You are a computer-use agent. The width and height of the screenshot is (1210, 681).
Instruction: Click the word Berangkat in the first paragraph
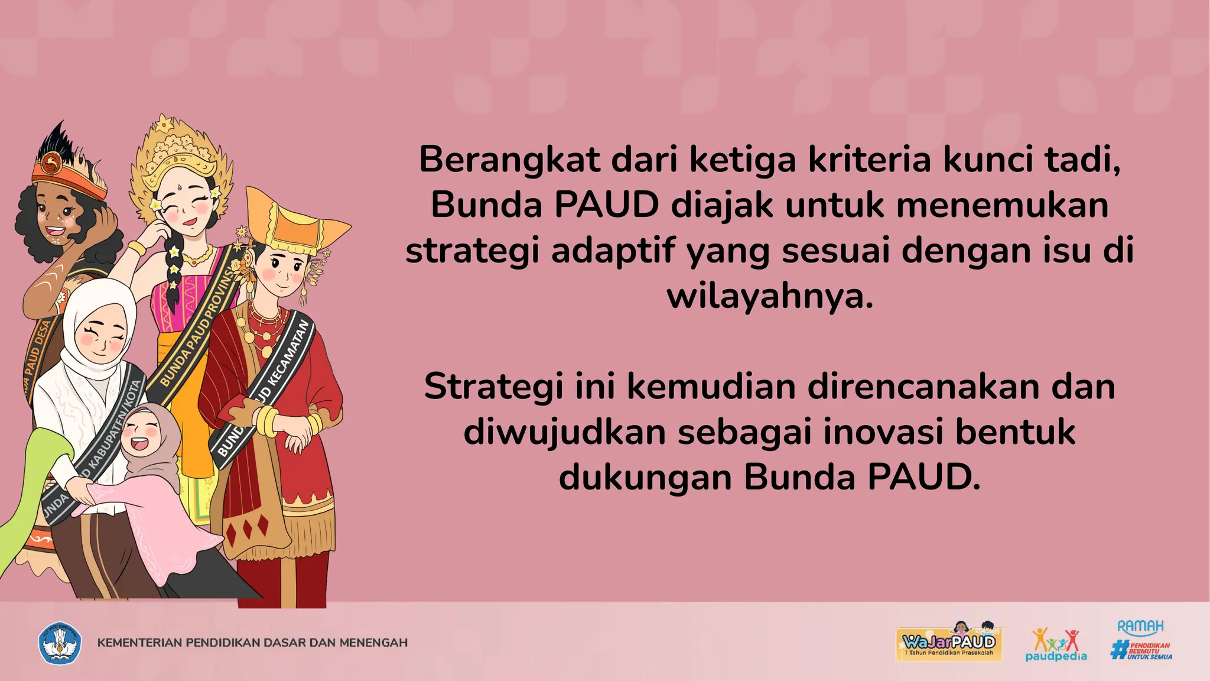[x=509, y=160]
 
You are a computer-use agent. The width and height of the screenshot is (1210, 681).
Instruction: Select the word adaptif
[x=613, y=251]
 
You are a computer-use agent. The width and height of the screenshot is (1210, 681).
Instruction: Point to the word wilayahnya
[x=770, y=296]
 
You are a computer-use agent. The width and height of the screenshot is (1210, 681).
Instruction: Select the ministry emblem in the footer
[x=60, y=643]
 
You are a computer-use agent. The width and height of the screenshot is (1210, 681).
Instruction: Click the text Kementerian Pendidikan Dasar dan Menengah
[x=252, y=643]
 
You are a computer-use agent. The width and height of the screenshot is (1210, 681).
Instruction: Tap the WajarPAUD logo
[x=949, y=643]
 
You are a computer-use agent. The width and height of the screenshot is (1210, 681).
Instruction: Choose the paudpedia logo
[x=1056, y=644]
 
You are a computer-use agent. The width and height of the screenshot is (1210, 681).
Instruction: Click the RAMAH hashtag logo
[x=1141, y=640]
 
